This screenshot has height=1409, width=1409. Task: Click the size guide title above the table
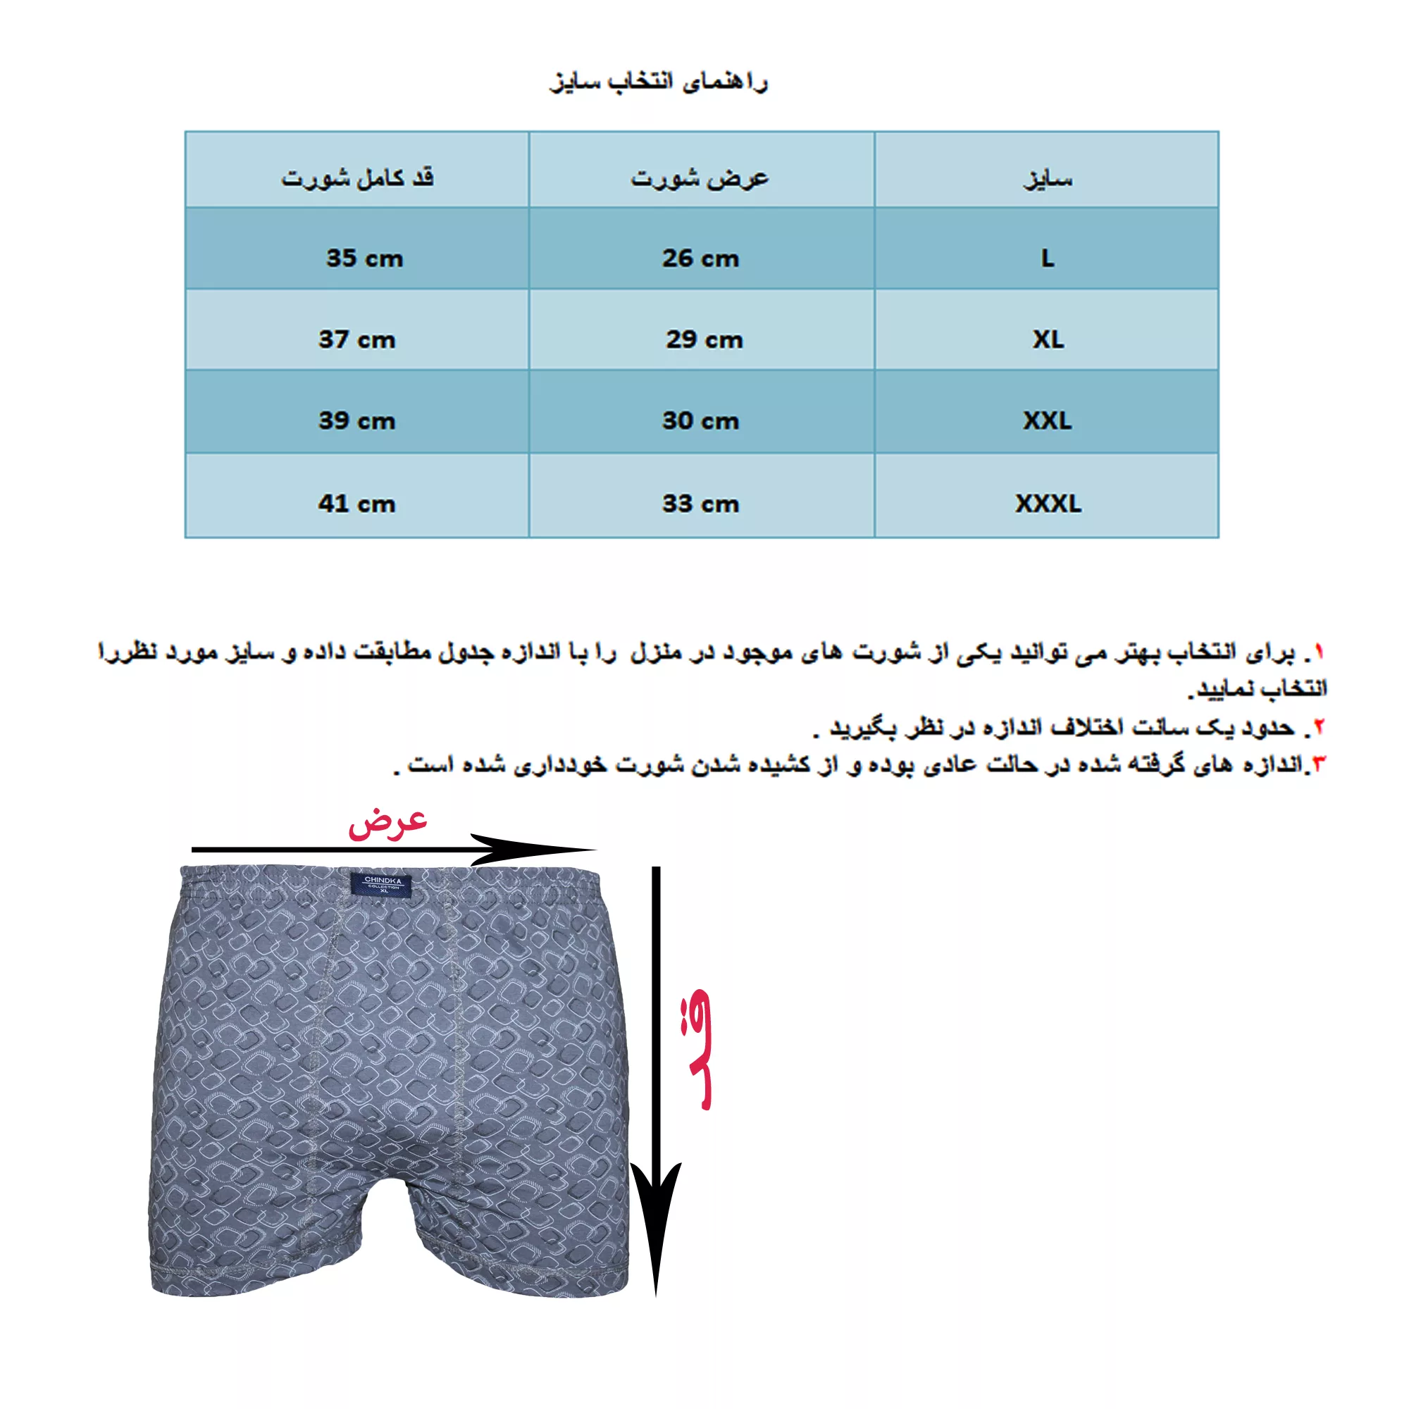(x=658, y=82)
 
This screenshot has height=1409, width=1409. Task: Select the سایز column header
(x=1048, y=178)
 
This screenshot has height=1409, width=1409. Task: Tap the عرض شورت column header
(x=700, y=178)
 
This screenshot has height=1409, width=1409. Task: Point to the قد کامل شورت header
(x=357, y=178)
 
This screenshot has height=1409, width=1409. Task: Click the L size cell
(x=1048, y=258)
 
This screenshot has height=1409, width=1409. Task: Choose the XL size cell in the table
(x=1048, y=339)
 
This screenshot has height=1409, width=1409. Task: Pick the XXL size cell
(x=1048, y=420)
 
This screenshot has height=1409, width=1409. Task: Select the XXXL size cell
(x=1048, y=503)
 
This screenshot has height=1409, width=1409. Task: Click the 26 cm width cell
(x=700, y=258)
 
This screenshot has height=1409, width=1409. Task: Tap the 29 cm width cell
(x=704, y=339)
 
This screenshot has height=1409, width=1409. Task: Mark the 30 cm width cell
(x=700, y=420)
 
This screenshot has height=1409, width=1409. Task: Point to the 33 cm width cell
(x=700, y=503)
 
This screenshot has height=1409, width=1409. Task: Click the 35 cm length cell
(x=364, y=258)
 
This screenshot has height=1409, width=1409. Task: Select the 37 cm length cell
(x=356, y=339)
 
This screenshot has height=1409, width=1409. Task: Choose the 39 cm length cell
(x=356, y=420)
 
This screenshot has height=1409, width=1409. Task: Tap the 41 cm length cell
(x=356, y=503)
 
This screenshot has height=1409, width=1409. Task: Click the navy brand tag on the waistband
(x=382, y=884)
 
